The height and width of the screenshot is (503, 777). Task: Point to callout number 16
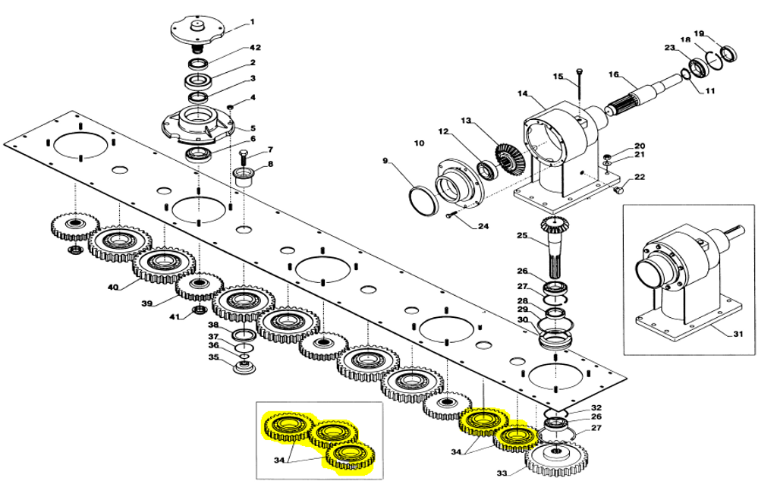pyautogui.click(x=614, y=74)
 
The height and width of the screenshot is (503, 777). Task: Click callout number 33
pyautogui.click(x=502, y=473)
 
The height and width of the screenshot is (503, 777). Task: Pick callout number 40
pyautogui.click(x=113, y=288)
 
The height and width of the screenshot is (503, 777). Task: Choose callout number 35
pyautogui.click(x=213, y=357)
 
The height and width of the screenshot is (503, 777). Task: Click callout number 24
pyautogui.click(x=483, y=226)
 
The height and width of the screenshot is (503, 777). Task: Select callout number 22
pyautogui.click(x=640, y=178)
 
